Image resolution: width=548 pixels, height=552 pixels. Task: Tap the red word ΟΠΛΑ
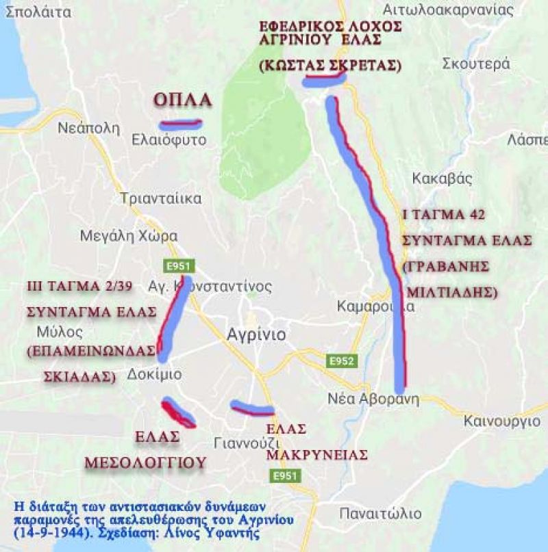[x=182, y=100]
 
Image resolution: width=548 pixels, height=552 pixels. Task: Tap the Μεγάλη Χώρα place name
[x=129, y=236]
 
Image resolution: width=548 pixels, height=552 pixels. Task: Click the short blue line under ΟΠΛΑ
[x=179, y=124]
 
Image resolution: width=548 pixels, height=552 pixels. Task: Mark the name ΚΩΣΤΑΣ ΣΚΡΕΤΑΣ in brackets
[x=329, y=65]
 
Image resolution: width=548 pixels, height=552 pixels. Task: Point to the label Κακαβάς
[x=443, y=179]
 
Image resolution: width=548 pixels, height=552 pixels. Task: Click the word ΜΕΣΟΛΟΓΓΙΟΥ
[x=145, y=463]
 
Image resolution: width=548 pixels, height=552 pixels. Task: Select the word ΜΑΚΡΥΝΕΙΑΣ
[x=317, y=455]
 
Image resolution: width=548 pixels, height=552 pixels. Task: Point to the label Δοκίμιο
[x=155, y=374]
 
